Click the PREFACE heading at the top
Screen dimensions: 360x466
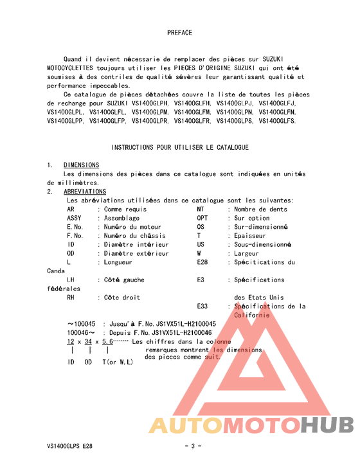[179, 32]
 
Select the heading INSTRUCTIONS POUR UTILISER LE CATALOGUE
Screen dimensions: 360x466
[180, 147]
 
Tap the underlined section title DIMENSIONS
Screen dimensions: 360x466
[81, 165]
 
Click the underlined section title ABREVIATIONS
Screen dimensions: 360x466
[85, 192]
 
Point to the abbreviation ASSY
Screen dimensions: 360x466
[75, 218]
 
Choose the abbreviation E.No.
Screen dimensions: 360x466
[75, 227]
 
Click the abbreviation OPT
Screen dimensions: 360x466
[203, 218]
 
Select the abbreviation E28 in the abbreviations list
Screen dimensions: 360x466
[203, 262]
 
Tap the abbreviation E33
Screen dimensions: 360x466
[203, 307]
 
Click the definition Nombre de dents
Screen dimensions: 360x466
[260, 209]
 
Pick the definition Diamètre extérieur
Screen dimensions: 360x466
[136, 253]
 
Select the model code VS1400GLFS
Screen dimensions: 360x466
[277, 120]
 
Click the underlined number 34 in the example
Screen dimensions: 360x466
[88, 342]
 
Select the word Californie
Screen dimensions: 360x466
[256, 315]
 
